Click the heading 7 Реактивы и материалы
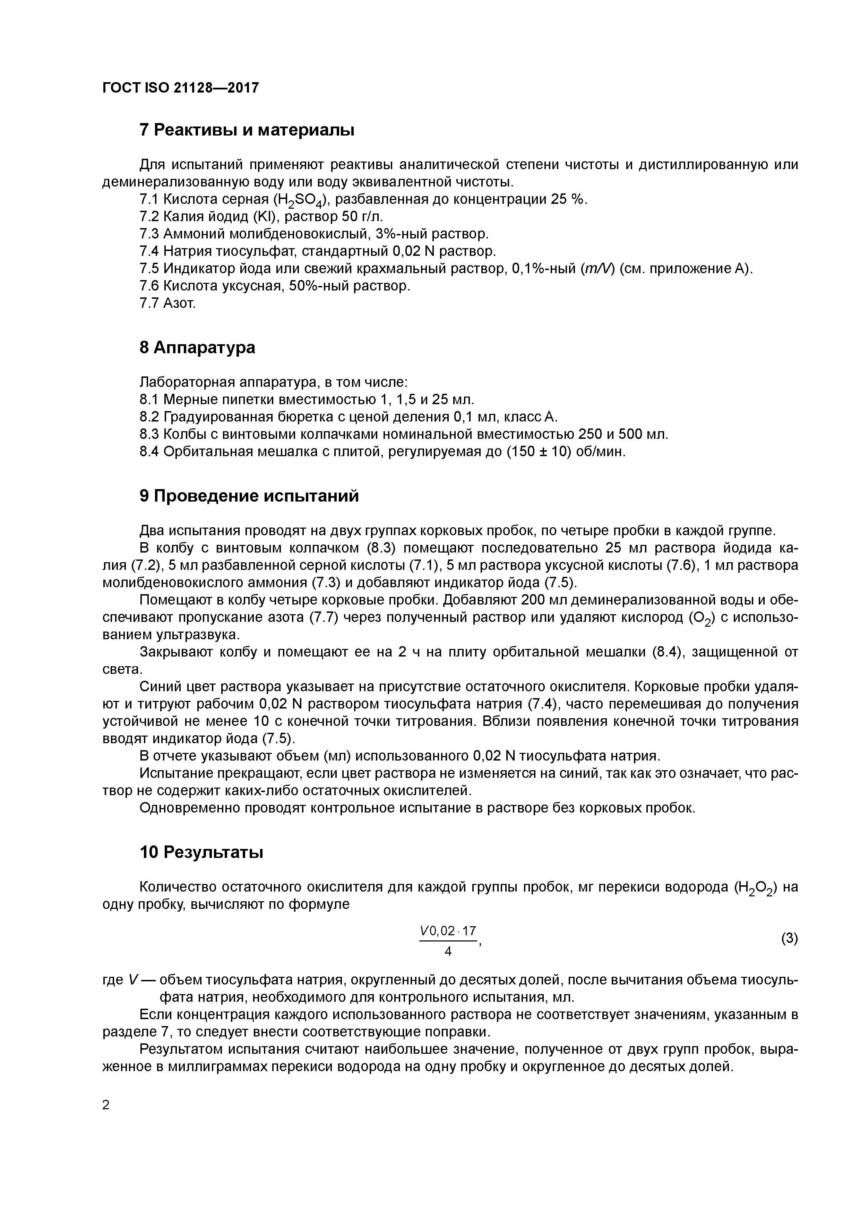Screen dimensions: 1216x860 (247, 130)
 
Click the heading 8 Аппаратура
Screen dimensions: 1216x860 (197, 347)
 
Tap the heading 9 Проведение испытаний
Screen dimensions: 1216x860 (249, 496)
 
